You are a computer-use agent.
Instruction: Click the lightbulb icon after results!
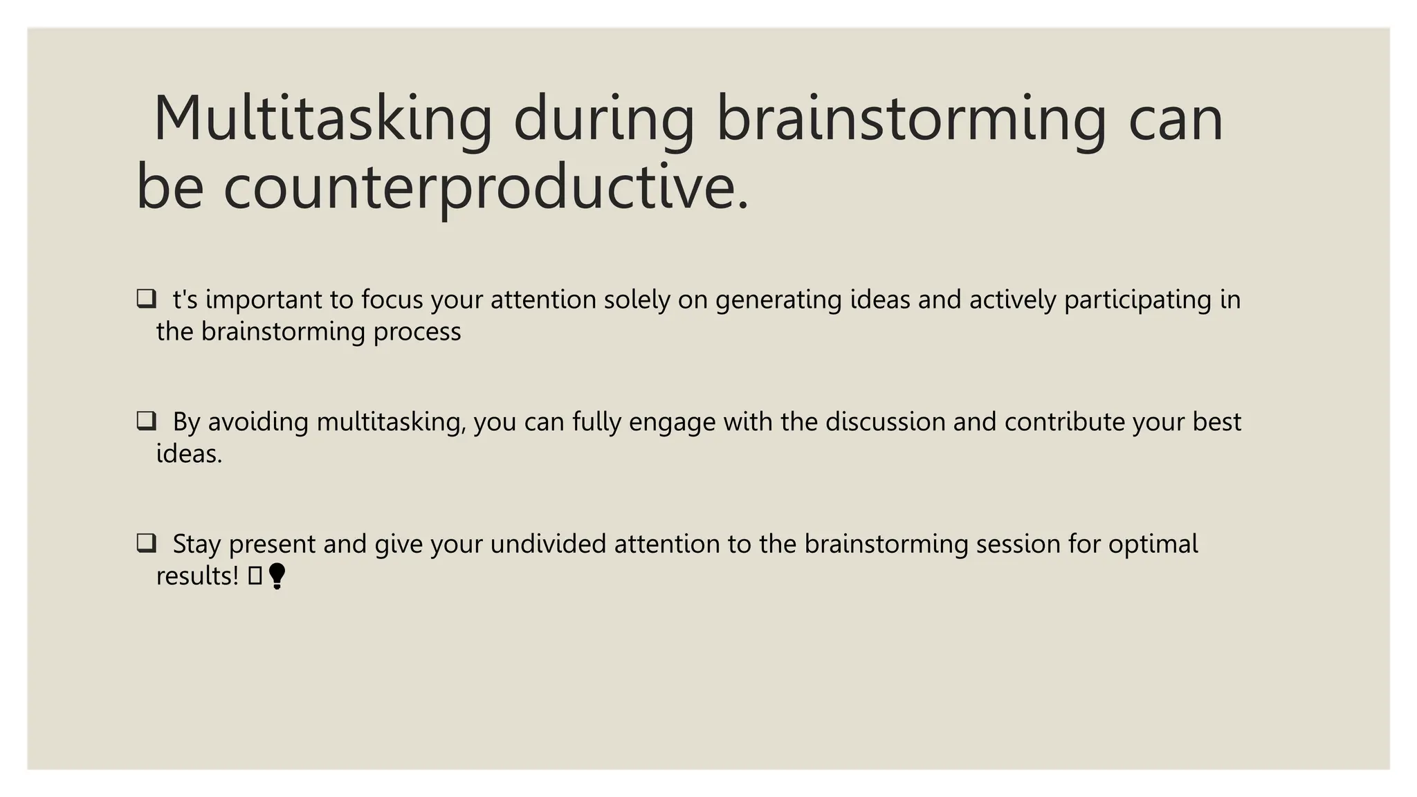[x=277, y=576]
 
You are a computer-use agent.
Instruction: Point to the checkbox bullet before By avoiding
[x=146, y=421]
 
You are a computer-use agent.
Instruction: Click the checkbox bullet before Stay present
[x=146, y=543]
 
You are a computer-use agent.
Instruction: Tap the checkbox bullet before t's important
[x=146, y=299]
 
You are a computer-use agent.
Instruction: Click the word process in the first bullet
[x=417, y=331]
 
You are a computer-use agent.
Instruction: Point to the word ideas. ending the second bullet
[x=189, y=454]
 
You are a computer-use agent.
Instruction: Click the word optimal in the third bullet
[x=1153, y=544]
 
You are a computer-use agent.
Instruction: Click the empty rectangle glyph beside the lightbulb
[x=255, y=576]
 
